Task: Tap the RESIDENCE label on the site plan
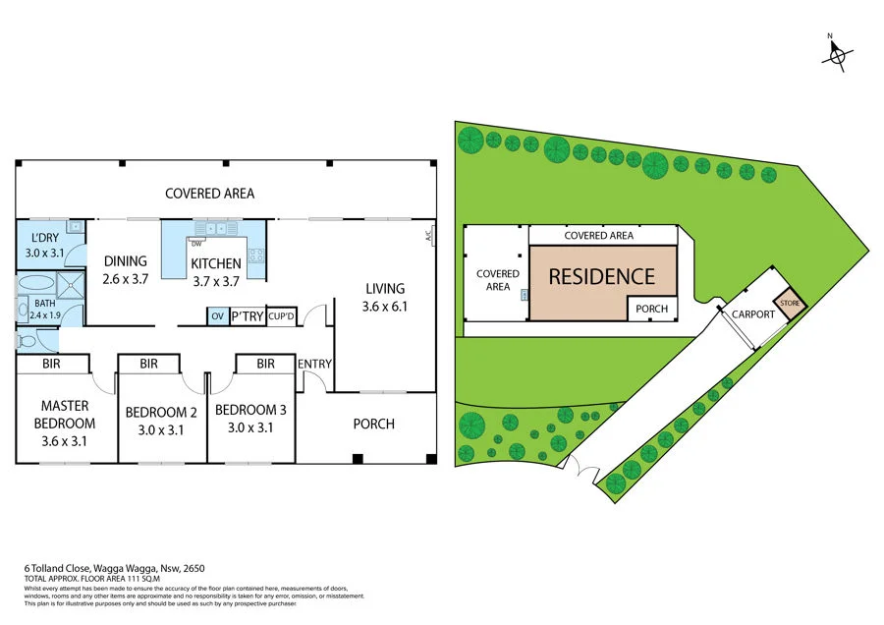[601, 277]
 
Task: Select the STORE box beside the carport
[791, 304]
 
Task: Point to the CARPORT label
[752, 314]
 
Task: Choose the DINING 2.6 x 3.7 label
[125, 269]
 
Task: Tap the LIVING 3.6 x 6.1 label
[384, 297]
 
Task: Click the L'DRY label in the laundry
[43, 245]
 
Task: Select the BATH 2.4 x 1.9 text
[45, 309]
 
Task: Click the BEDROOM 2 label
[161, 420]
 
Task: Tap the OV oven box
[216, 316]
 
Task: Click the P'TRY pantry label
[247, 316]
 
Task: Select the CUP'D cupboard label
[281, 316]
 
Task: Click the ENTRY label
[315, 365]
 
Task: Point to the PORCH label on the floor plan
[373, 424]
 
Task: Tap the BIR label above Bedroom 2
[148, 364]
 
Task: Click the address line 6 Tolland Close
[115, 568]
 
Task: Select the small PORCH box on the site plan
[651, 309]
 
